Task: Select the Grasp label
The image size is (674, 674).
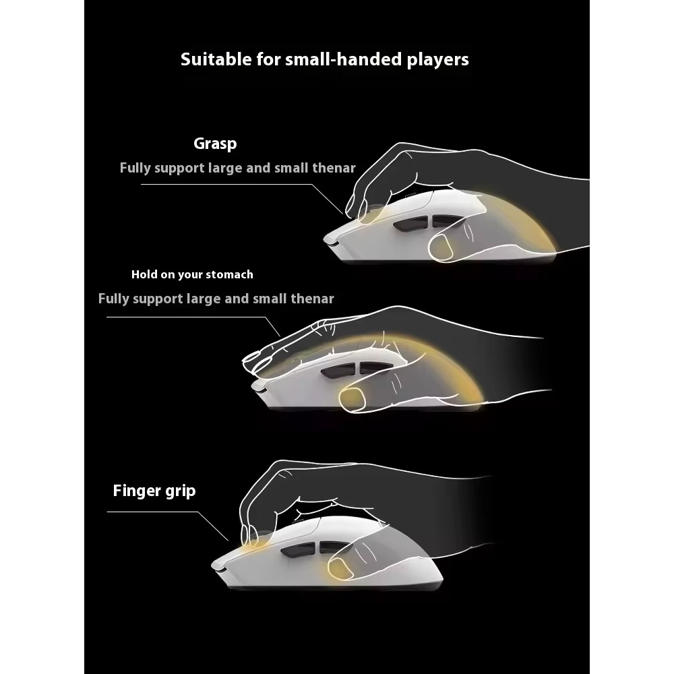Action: tap(215, 144)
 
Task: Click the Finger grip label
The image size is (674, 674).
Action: tap(154, 490)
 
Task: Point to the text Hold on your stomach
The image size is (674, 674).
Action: tap(192, 274)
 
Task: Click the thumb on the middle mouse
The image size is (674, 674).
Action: tap(355, 399)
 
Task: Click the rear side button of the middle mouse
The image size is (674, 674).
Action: tap(370, 368)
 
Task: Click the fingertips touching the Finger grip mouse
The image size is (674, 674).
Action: tap(250, 537)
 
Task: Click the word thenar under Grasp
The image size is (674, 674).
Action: tap(333, 168)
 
